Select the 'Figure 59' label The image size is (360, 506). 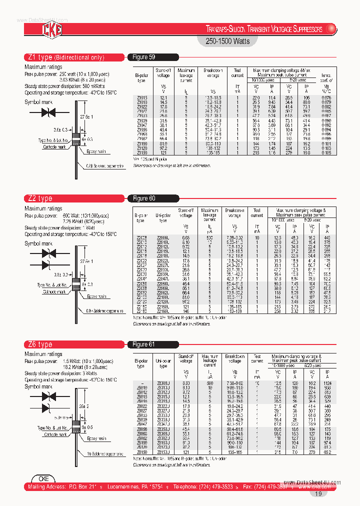point(144,57)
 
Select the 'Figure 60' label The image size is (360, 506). point(144,198)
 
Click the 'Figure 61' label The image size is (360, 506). point(144,344)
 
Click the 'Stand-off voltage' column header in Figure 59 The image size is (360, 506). point(163,73)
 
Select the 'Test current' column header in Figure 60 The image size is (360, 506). point(256,213)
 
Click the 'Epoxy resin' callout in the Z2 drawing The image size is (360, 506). point(97,296)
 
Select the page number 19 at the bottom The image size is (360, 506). point(318,494)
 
